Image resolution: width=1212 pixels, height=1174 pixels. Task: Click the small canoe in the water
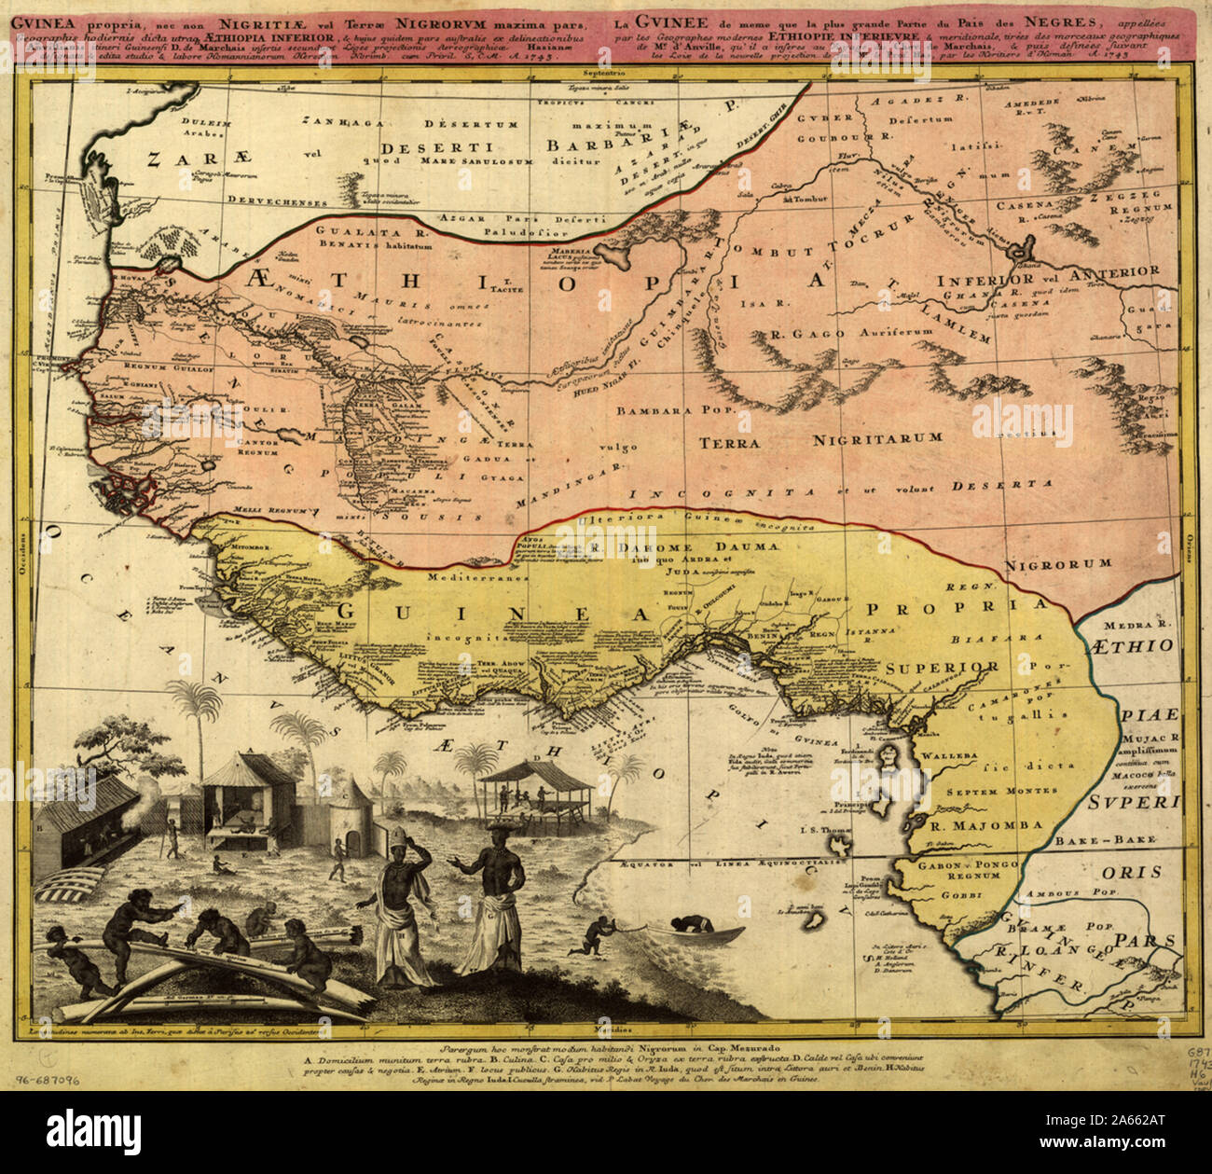[x=707, y=932]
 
